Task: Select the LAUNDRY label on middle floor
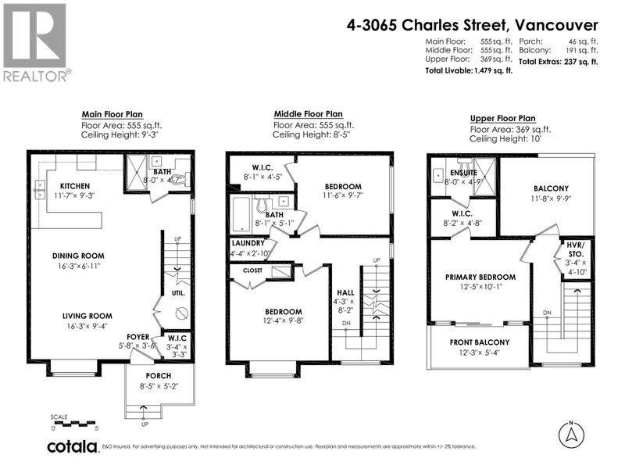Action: pos(248,243)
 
